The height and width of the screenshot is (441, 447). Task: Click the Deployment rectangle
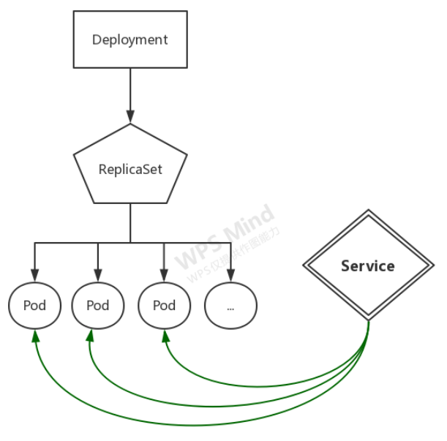pyautogui.click(x=130, y=40)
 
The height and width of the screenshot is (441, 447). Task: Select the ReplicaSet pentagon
pyautogui.click(x=130, y=168)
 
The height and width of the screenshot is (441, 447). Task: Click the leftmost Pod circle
pyautogui.click(x=34, y=305)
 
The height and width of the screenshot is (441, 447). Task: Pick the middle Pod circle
pyautogui.click(x=98, y=305)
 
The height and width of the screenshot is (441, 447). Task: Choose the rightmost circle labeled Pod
pyautogui.click(x=164, y=305)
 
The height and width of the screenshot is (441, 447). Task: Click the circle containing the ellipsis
pyautogui.click(x=230, y=306)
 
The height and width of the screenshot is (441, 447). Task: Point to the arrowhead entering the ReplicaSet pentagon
pyautogui.click(x=130, y=116)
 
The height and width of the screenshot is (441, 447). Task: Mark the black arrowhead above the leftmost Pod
pyautogui.click(x=34, y=275)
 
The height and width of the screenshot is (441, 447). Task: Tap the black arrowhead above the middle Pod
pyautogui.click(x=98, y=275)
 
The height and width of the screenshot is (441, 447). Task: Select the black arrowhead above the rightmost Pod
pyautogui.click(x=164, y=275)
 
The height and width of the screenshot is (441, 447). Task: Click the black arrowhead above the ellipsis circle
pyautogui.click(x=230, y=276)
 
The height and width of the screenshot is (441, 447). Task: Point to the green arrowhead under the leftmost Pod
pyautogui.click(x=34, y=336)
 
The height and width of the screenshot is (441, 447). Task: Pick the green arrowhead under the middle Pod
pyautogui.click(x=90, y=336)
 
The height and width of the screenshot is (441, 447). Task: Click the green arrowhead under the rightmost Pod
pyautogui.click(x=165, y=336)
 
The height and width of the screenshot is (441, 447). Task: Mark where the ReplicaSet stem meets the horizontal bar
pyautogui.click(x=130, y=242)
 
